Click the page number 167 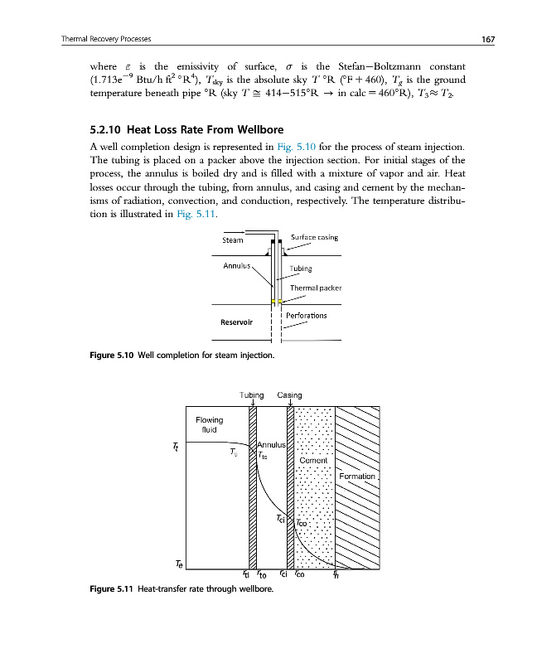(x=465, y=39)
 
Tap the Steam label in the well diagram (x=233, y=241)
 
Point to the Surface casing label (x=314, y=238)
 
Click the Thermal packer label (x=316, y=288)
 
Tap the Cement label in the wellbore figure (x=313, y=461)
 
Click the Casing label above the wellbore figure (x=289, y=394)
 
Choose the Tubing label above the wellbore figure (x=251, y=394)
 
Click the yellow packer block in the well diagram (x=275, y=300)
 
